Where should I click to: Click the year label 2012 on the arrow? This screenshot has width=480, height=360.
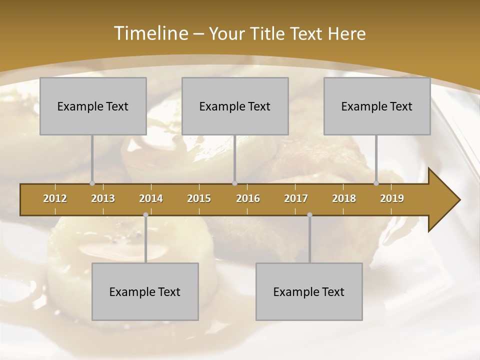point(55,198)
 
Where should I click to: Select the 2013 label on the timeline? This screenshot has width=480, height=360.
point(103,198)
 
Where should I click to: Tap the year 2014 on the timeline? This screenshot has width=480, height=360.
point(151,198)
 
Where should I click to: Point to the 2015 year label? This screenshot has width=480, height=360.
point(199,198)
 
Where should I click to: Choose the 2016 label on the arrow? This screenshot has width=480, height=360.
point(248,198)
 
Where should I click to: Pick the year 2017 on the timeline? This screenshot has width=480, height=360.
point(296,198)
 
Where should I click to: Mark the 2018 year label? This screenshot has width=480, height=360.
point(344,198)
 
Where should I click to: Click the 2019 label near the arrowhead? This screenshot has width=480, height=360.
point(392,198)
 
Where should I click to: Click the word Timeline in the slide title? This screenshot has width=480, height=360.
point(150,33)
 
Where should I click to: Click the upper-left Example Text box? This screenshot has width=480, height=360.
point(93,106)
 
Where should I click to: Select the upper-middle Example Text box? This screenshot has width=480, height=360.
point(235,106)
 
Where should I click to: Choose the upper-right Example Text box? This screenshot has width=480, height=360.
point(377,106)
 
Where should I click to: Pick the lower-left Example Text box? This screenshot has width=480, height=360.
point(145,291)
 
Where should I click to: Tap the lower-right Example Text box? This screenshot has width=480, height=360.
point(309,291)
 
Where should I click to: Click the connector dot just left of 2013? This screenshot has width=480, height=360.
point(92,183)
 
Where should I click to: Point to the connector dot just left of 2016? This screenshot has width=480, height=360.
point(234,183)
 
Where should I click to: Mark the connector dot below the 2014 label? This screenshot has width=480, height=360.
point(145,215)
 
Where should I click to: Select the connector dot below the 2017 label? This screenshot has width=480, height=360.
point(309,215)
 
